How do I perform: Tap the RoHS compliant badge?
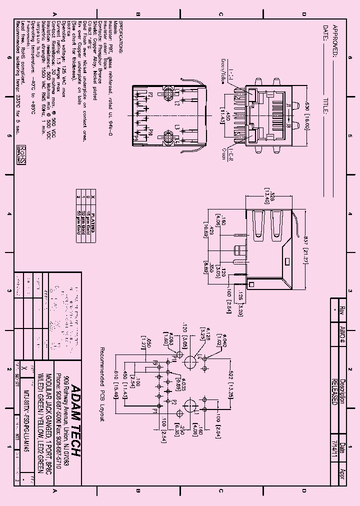21,155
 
